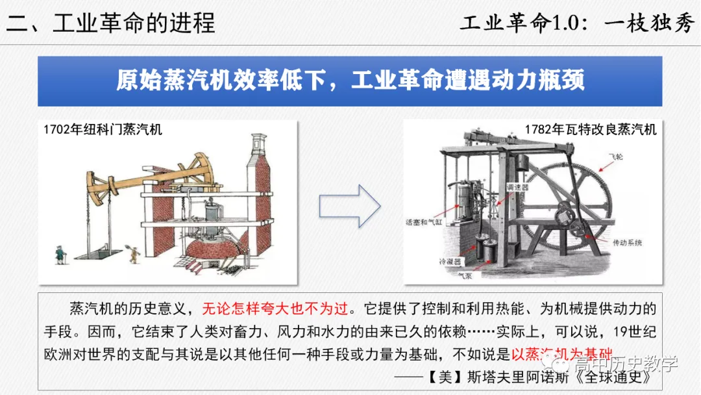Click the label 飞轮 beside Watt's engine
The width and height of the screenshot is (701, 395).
coord(615,158)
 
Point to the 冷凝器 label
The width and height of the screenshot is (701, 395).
coord(449,262)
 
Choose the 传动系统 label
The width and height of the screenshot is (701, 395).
coord(627,242)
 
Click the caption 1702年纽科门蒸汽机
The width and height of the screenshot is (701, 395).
coord(103,129)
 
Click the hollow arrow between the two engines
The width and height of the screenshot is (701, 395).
coord(349,205)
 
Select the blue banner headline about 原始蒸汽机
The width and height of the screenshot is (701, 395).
coord(350,81)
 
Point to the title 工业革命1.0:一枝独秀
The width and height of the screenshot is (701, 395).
coord(577,23)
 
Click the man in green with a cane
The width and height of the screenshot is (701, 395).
coord(60,253)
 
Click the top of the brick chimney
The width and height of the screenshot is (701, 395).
coord(259,139)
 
